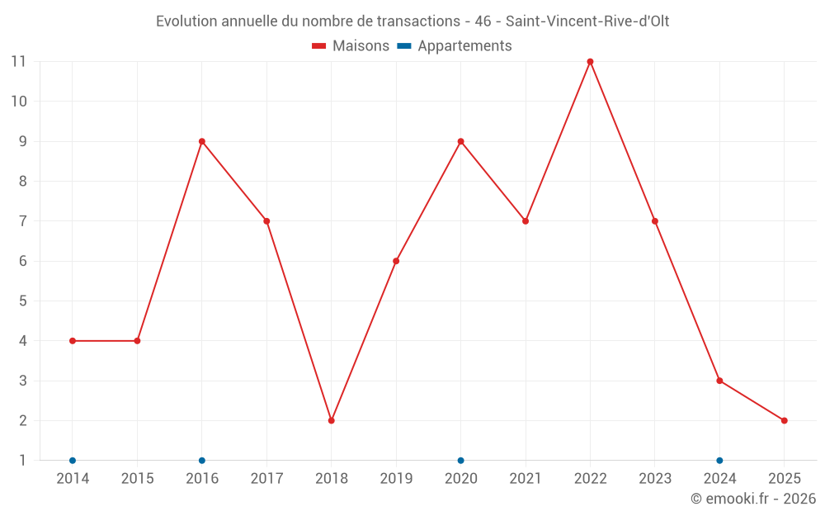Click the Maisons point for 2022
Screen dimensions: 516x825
[x=590, y=61]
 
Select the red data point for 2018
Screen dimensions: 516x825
[x=332, y=420]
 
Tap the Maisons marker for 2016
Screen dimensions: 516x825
[x=202, y=141]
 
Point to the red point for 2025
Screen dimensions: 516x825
[x=785, y=420]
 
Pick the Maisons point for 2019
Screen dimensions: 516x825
[x=396, y=261]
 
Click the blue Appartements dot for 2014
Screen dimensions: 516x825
[x=73, y=460]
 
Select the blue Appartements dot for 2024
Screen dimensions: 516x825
[x=719, y=460]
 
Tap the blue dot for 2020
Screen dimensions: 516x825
[x=460, y=460]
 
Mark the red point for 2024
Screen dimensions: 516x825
[x=719, y=381]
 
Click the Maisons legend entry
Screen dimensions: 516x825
[x=351, y=46]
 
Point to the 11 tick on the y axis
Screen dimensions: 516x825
[x=18, y=61]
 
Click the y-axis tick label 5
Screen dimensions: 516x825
[x=22, y=301]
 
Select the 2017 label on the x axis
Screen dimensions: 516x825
[x=266, y=479]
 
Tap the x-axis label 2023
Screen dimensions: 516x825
[x=655, y=479]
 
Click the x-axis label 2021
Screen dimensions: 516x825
[x=526, y=479]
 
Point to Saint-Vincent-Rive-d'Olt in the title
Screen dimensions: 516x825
[x=587, y=21]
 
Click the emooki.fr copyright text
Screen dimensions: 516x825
[x=753, y=499]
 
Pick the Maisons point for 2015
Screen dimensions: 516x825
[x=137, y=341]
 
